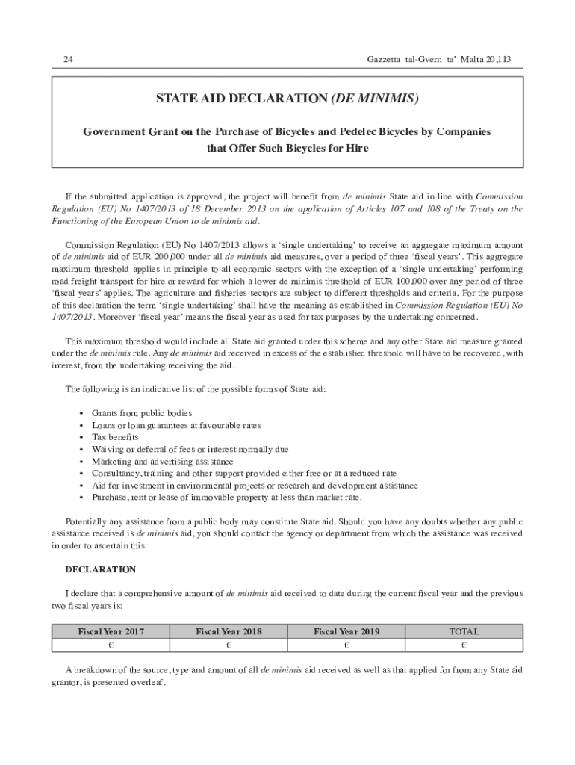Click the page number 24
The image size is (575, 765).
click(x=68, y=59)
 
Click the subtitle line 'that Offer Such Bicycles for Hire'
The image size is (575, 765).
click(x=287, y=148)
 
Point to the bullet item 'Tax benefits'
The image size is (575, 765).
click(x=115, y=437)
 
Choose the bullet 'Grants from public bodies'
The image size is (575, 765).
click(x=142, y=413)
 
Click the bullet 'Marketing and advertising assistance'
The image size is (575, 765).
click(x=162, y=462)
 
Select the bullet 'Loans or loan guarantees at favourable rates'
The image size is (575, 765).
click(x=176, y=425)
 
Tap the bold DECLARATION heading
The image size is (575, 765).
click(x=101, y=569)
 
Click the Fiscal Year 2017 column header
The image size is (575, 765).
click(x=111, y=631)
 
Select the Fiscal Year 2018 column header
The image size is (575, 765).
click(x=229, y=631)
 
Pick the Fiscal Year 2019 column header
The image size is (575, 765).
click(x=346, y=631)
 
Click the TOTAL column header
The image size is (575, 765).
click(x=464, y=631)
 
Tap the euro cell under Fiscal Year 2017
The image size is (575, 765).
click(x=111, y=645)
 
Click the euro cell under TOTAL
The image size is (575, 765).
click(x=464, y=645)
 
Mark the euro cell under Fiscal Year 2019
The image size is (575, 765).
click(x=346, y=645)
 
